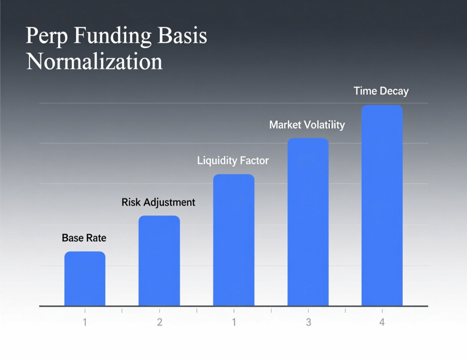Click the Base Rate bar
(85, 278)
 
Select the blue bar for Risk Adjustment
(159, 261)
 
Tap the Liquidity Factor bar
(233, 240)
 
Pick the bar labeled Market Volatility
(308, 222)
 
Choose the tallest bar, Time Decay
(382, 206)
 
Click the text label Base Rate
(84, 238)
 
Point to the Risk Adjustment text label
(158, 202)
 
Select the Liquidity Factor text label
(233, 160)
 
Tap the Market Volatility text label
(307, 124)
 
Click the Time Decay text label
(381, 91)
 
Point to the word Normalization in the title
(94, 61)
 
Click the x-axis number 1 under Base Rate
(85, 322)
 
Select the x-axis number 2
(160, 322)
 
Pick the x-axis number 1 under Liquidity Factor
(234, 322)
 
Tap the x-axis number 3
(308, 322)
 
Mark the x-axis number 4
(382, 322)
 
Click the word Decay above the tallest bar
(394, 91)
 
